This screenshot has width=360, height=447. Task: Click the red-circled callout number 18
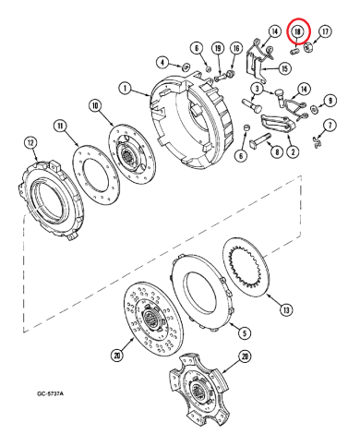point(298,31)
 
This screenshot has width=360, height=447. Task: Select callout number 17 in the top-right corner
point(325,31)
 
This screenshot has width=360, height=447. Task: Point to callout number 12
point(31,143)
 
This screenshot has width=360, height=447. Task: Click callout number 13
point(285,309)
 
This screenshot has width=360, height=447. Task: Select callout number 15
point(284,68)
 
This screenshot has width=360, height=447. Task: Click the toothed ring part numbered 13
point(246,271)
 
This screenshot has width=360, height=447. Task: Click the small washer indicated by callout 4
point(185,66)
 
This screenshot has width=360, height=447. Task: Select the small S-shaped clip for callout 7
point(317,141)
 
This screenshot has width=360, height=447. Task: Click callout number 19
point(217,48)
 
